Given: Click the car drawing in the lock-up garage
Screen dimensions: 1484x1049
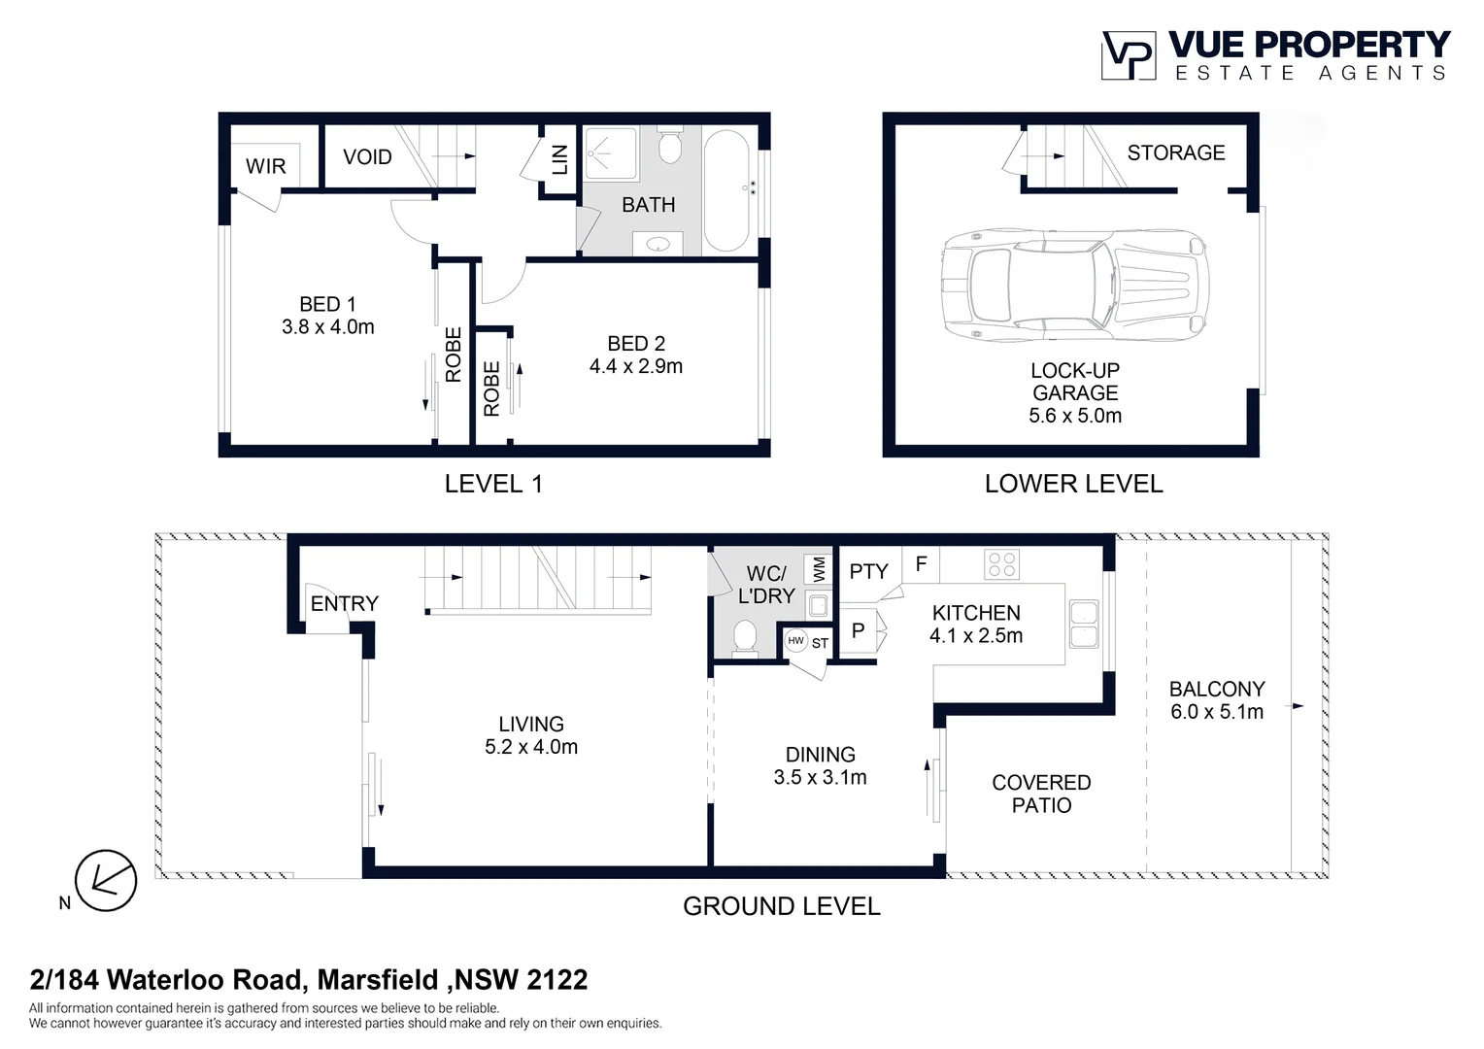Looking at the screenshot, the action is tap(1075, 287).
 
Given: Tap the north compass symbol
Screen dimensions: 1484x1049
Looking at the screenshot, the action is tap(106, 881).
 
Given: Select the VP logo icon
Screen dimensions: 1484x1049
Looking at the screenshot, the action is tap(1129, 55).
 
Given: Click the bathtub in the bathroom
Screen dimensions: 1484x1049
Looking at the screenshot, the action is tap(726, 190).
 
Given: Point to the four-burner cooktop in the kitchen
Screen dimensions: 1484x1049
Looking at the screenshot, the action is tap(1001, 564).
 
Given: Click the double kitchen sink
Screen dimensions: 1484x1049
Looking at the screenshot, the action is tap(1084, 625).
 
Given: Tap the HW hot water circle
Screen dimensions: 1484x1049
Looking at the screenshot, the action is tap(795, 641).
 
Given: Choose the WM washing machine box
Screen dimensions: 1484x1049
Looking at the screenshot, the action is tap(818, 568).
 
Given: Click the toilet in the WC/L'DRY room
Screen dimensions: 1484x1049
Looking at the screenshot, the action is tap(745, 637).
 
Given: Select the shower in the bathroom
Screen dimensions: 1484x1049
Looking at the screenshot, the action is tap(610, 154).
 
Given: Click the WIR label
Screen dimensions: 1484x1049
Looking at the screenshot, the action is tap(266, 166).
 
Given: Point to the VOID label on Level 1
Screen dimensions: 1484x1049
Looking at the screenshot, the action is tap(367, 157).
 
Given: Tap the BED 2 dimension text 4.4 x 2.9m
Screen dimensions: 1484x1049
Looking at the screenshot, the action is tap(636, 366).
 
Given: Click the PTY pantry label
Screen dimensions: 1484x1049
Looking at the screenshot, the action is tap(868, 571).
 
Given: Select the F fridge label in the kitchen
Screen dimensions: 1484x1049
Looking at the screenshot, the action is tap(921, 564).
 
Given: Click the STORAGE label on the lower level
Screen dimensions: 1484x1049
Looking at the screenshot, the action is tap(1176, 153).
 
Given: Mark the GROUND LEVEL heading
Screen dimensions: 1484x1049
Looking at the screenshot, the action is tap(782, 906).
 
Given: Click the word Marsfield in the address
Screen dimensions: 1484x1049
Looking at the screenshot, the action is tap(379, 979).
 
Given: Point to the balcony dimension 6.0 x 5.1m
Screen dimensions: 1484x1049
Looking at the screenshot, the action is tap(1217, 712).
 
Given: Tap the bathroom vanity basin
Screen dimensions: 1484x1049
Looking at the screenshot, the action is tap(658, 243).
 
